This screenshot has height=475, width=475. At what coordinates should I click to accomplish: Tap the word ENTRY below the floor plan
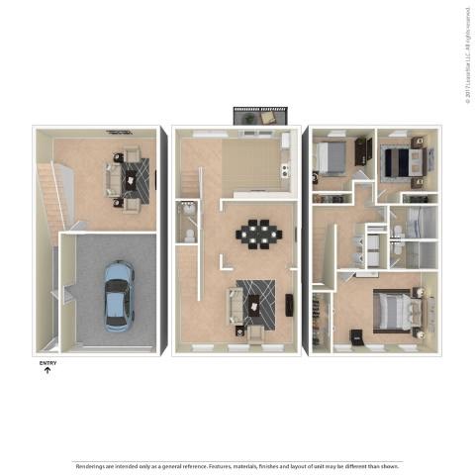[47, 363]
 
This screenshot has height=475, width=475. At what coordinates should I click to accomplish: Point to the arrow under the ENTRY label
[47, 371]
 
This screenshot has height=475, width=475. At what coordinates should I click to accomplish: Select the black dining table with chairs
[258, 234]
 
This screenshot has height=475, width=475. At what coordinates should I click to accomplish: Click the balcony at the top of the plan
[259, 117]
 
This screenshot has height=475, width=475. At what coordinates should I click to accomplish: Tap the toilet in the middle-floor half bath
[188, 236]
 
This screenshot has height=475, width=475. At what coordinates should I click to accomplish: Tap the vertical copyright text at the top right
[467, 54]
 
